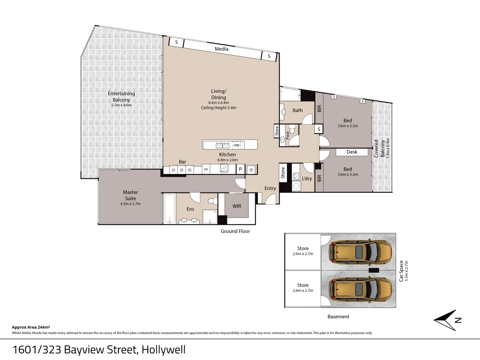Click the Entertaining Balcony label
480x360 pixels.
click(x=121, y=97)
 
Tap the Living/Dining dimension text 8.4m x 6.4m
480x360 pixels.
click(x=218, y=103)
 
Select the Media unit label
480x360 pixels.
click(x=221, y=49)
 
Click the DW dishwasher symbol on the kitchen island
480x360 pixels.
click(x=237, y=145)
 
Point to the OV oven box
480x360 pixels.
click(x=206, y=169)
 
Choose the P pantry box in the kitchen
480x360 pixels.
click(x=240, y=169)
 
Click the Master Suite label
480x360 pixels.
click(x=130, y=195)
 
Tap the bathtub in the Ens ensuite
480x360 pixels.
click(x=169, y=209)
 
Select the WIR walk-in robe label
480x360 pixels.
click(x=237, y=206)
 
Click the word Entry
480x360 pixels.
click(x=270, y=188)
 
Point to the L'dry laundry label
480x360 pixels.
click(x=307, y=179)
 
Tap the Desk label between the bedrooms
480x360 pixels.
click(x=352, y=152)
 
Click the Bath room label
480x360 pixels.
click(x=298, y=110)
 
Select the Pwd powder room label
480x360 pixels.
click(x=288, y=135)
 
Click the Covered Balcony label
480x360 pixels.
click(x=379, y=149)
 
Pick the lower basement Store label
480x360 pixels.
click(x=303, y=285)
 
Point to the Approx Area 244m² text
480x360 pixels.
click(x=31, y=327)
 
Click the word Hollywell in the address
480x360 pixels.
click(x=163, y=350)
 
